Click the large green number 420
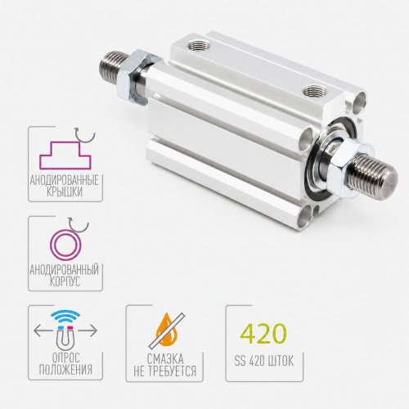click(x=263, y=333)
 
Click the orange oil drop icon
click(x=166, y=330)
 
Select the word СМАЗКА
click(x=165, y=359)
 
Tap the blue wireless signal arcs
click(x=65, y=316)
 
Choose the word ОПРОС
click(x=65, y=357)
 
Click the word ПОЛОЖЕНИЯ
click(x=65, y=370)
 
